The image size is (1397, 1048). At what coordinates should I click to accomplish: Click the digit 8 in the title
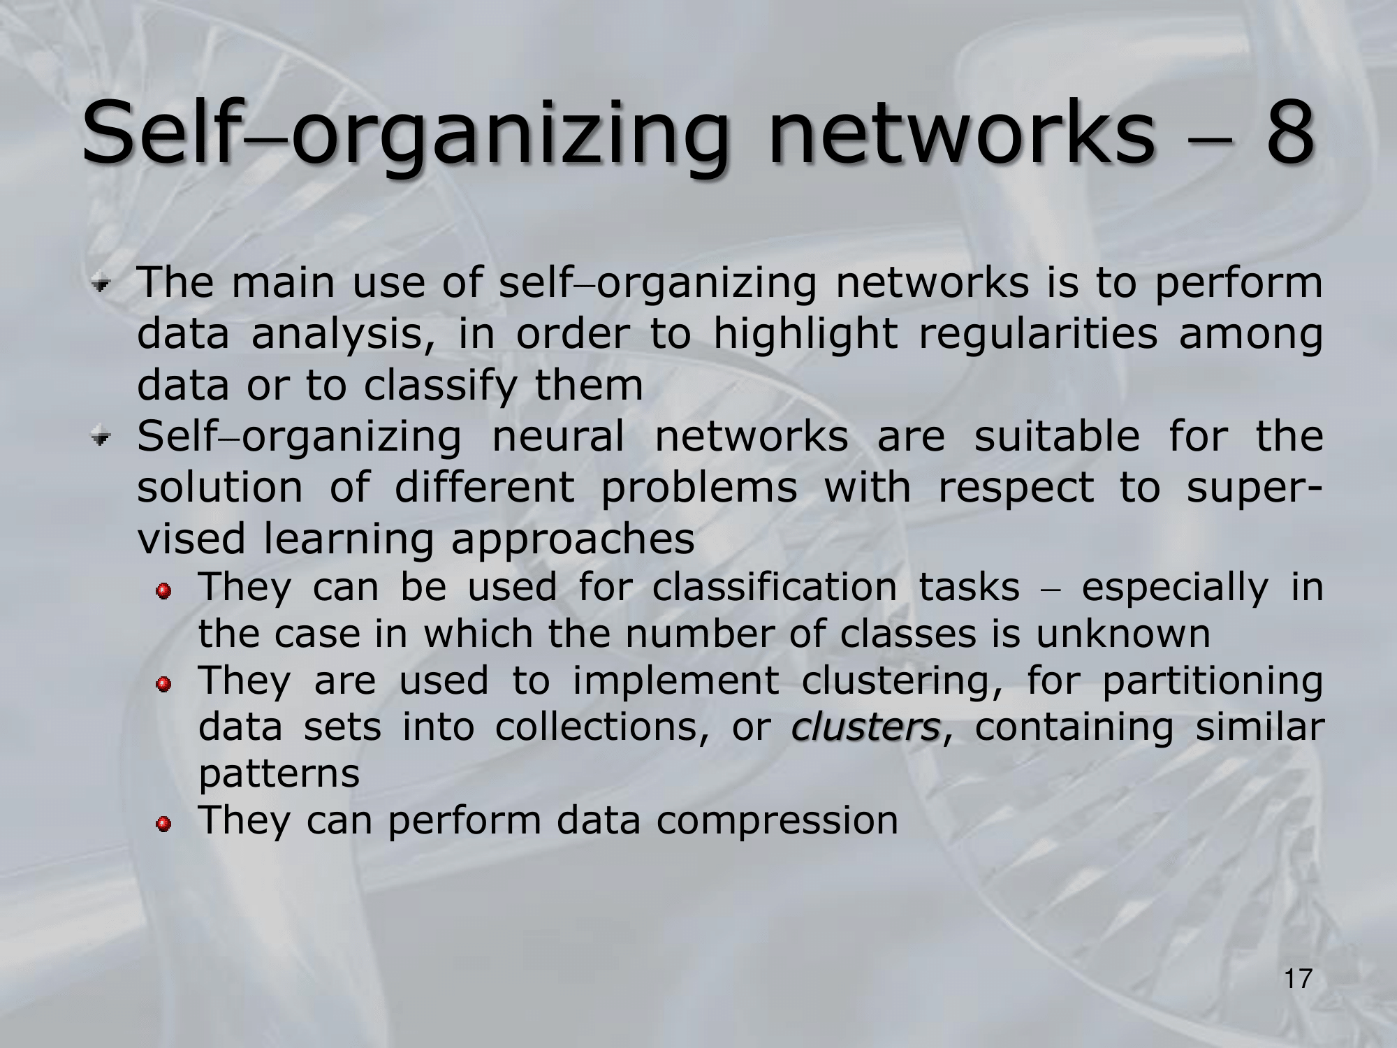click(x=1281, y=132)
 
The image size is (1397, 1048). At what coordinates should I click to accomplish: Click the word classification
click(x=775, y=587)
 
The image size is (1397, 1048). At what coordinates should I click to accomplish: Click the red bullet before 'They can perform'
click(x=163, y=826)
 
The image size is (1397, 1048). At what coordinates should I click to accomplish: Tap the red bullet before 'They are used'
click(x=163, y=685)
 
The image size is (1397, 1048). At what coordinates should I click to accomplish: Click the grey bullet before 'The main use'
click(x=103, y=285)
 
